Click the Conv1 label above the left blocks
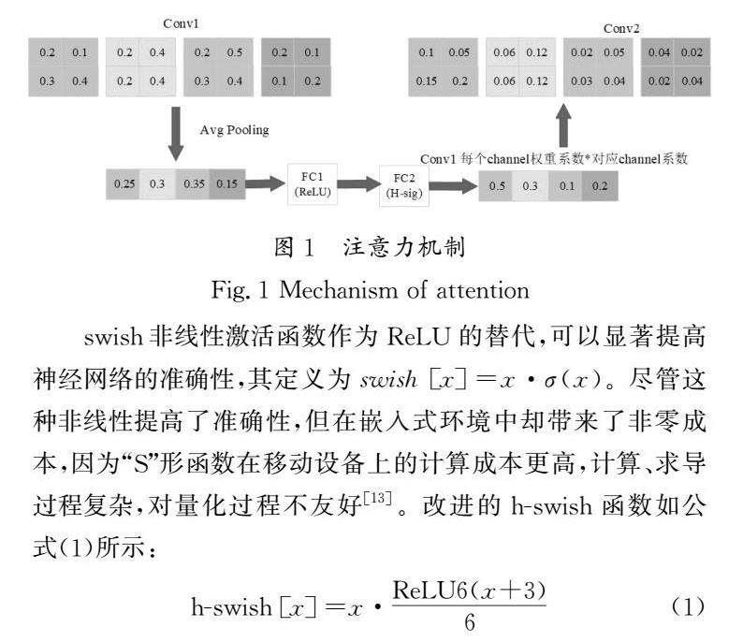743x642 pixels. tap(182, 22)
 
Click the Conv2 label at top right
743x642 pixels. tap(622, 28)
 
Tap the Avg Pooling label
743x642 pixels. tap(234, 130)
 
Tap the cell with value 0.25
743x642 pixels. tap(124, 183)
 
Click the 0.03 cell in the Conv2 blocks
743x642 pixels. tap(582, 80)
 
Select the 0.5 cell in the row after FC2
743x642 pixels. tap(497, 186)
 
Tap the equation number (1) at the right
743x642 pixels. tap(688, 606)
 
